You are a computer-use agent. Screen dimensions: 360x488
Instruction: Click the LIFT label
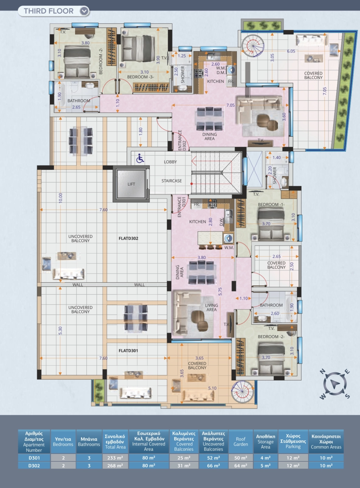point(131,184)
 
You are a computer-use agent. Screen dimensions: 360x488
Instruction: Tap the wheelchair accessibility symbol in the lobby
point(140,158)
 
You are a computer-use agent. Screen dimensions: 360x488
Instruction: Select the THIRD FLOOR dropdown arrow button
point(84,11)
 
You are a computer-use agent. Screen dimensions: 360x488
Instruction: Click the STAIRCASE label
point(171,181)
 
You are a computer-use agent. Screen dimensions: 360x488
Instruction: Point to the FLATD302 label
point(128,238)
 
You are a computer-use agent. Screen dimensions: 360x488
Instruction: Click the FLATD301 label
point(128,351)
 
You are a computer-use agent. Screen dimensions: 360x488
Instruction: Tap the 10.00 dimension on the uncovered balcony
point(61,198)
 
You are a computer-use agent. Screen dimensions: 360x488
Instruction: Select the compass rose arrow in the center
point(335,384)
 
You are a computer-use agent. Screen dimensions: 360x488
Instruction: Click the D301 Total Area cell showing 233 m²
point(115,458)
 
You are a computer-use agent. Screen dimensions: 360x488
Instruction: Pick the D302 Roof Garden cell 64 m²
point(241,466)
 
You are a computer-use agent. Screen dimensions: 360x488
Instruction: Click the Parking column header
point(293,442)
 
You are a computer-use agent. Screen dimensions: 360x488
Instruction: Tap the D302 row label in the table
point(34,466)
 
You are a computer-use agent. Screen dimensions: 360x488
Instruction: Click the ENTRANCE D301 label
point(182,207)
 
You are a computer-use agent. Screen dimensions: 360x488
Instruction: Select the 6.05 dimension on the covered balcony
point(291,51)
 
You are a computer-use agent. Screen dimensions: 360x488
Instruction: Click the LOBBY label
point(170,162)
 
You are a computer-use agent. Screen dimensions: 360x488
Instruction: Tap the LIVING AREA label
point(211,308)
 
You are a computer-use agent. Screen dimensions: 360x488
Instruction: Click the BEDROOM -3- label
point(140,77)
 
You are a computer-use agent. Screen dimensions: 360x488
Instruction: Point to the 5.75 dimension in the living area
point(220,292)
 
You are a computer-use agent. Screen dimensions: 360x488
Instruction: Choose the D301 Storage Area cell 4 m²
point(265,458)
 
